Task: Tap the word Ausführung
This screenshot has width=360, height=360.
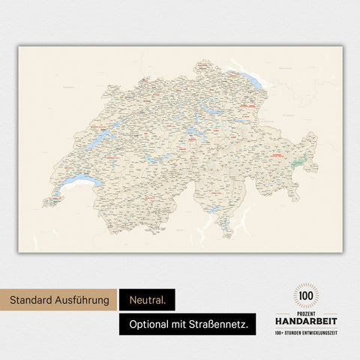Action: click(85, 301)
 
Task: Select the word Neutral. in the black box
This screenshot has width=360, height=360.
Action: click(146, 301)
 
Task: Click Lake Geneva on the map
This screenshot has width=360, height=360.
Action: click(79, 182)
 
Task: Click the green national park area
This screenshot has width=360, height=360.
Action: click(299, 160)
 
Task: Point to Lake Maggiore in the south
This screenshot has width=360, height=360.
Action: click(214, 210)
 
